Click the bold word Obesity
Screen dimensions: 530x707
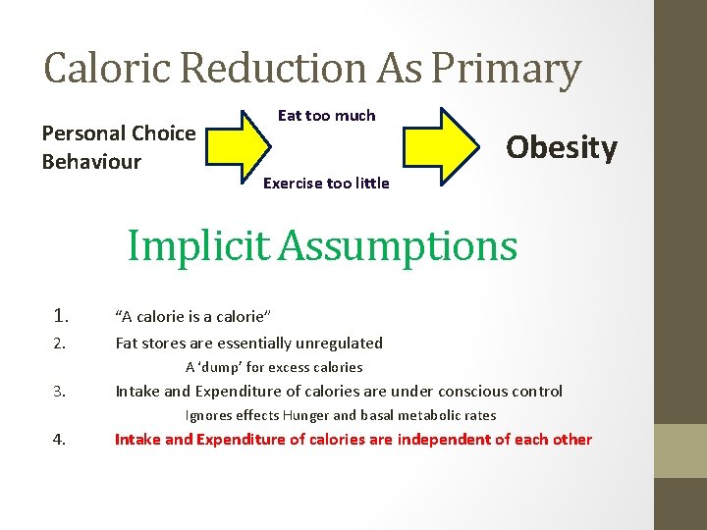(561, 147)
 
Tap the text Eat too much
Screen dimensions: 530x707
(326, 116)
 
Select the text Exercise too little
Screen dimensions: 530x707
(326, 184)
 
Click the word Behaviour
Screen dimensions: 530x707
(91, 162)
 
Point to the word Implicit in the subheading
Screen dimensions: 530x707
(199, 245)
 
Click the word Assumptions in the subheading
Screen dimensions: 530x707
(397, 245)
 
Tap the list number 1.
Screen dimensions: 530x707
(61, 316)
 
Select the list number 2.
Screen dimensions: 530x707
(59, 344)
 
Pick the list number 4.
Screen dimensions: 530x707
(59, 440)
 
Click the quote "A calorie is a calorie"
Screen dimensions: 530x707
(192, 316)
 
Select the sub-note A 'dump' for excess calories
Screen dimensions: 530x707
(274, 368)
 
